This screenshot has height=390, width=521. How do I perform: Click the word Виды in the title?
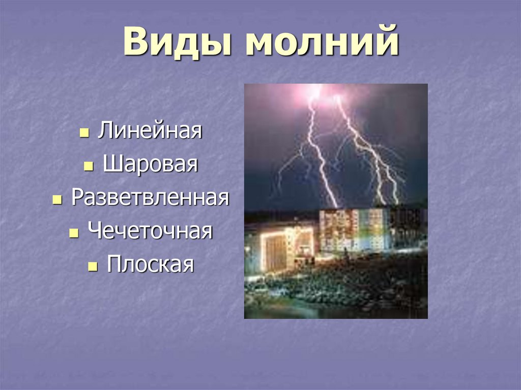coord(177,42)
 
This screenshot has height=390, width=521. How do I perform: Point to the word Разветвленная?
coord(150,197)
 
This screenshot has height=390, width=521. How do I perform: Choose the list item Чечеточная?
coord(150,230)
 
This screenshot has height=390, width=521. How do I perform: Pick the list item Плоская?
coord(150,264)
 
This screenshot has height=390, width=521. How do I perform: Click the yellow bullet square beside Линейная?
coord(84,133)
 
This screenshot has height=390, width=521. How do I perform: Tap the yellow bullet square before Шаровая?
coord(89,166)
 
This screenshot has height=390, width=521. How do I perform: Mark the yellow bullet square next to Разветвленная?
coord(57,200)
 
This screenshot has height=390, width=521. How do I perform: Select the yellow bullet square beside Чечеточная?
coord(74,233)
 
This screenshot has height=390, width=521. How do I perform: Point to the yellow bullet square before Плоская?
coord(93,267)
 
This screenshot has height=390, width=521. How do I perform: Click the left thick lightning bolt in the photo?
coord(320,153)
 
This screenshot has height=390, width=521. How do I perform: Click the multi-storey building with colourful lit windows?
coord(354,230)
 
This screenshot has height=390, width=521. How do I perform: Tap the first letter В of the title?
coord(136,42)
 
